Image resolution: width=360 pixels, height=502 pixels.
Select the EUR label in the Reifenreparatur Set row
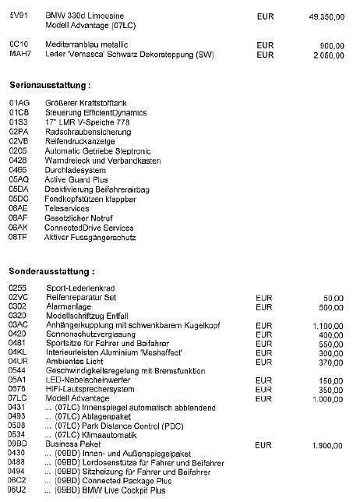[264, 298]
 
